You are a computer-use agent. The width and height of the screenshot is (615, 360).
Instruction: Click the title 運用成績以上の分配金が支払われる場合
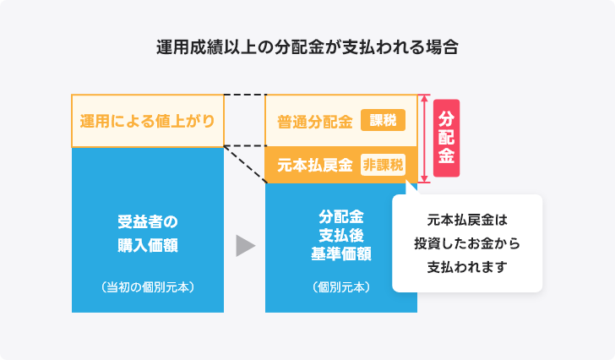click(x=307, y=47)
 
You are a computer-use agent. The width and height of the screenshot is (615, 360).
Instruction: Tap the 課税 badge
click(x=383, y=120)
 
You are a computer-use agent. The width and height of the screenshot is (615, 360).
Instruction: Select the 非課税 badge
click(x=383, y=165)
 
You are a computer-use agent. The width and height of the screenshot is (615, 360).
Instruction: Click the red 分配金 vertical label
click(x=446, y=138)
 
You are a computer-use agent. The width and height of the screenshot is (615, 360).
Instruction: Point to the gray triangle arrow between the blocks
click(x=245, y=246)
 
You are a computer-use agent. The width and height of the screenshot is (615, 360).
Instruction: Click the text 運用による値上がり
click(x=148, y=121)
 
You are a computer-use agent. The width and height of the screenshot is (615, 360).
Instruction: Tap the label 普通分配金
click(x=315, y=122)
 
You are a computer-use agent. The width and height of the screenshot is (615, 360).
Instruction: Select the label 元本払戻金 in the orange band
click(x=315, y=165)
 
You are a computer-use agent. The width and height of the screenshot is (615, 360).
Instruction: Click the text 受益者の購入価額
click(x=148, y=233)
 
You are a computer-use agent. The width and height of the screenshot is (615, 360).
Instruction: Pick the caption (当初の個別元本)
click(x=148, y=287)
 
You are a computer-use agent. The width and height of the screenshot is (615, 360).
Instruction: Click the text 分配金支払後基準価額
click(x=341, y=235)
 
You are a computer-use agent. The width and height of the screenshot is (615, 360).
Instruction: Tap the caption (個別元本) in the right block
click(x=341, y=287)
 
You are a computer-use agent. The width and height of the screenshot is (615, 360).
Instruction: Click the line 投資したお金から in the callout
click(x=467, y=243)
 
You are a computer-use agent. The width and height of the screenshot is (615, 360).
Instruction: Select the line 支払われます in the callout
click(x=467, y=267)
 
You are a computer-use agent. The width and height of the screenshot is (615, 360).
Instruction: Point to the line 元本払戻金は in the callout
click(x=467, y=220)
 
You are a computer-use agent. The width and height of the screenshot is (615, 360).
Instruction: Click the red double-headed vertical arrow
click(x=424, y=139)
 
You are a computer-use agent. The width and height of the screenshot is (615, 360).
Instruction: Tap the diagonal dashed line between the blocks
click(x=245, y=165)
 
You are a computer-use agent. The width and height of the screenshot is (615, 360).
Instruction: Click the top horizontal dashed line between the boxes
click(x=245, y=95)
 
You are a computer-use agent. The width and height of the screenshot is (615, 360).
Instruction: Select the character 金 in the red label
click(x=446, y=156)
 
